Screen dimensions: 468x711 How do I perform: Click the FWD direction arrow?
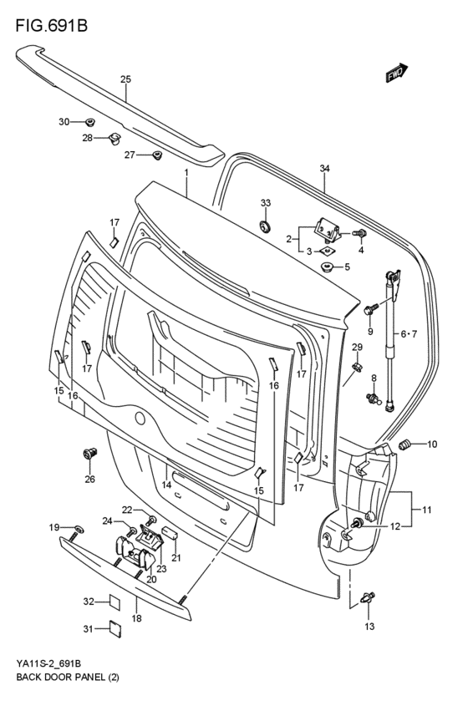pyautogui.click(x=397, y=73)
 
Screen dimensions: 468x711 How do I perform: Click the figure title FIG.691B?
pyautogui.click(x=51, y=26)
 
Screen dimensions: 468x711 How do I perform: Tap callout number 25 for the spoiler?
pyautogui.click(x=125, y=79)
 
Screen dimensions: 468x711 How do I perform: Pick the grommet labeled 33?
pyautogui.click(x=265, y=226)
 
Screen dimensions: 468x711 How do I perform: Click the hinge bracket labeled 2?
pyautogui.click(x=328, y=230)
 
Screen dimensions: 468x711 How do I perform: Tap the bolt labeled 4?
pyautogui.click(x=360, y=234)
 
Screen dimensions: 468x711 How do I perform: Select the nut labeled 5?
pyautogui.click(x=327, y=267)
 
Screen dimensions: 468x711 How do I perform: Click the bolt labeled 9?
pyautogui.click(x=370, y=311)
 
